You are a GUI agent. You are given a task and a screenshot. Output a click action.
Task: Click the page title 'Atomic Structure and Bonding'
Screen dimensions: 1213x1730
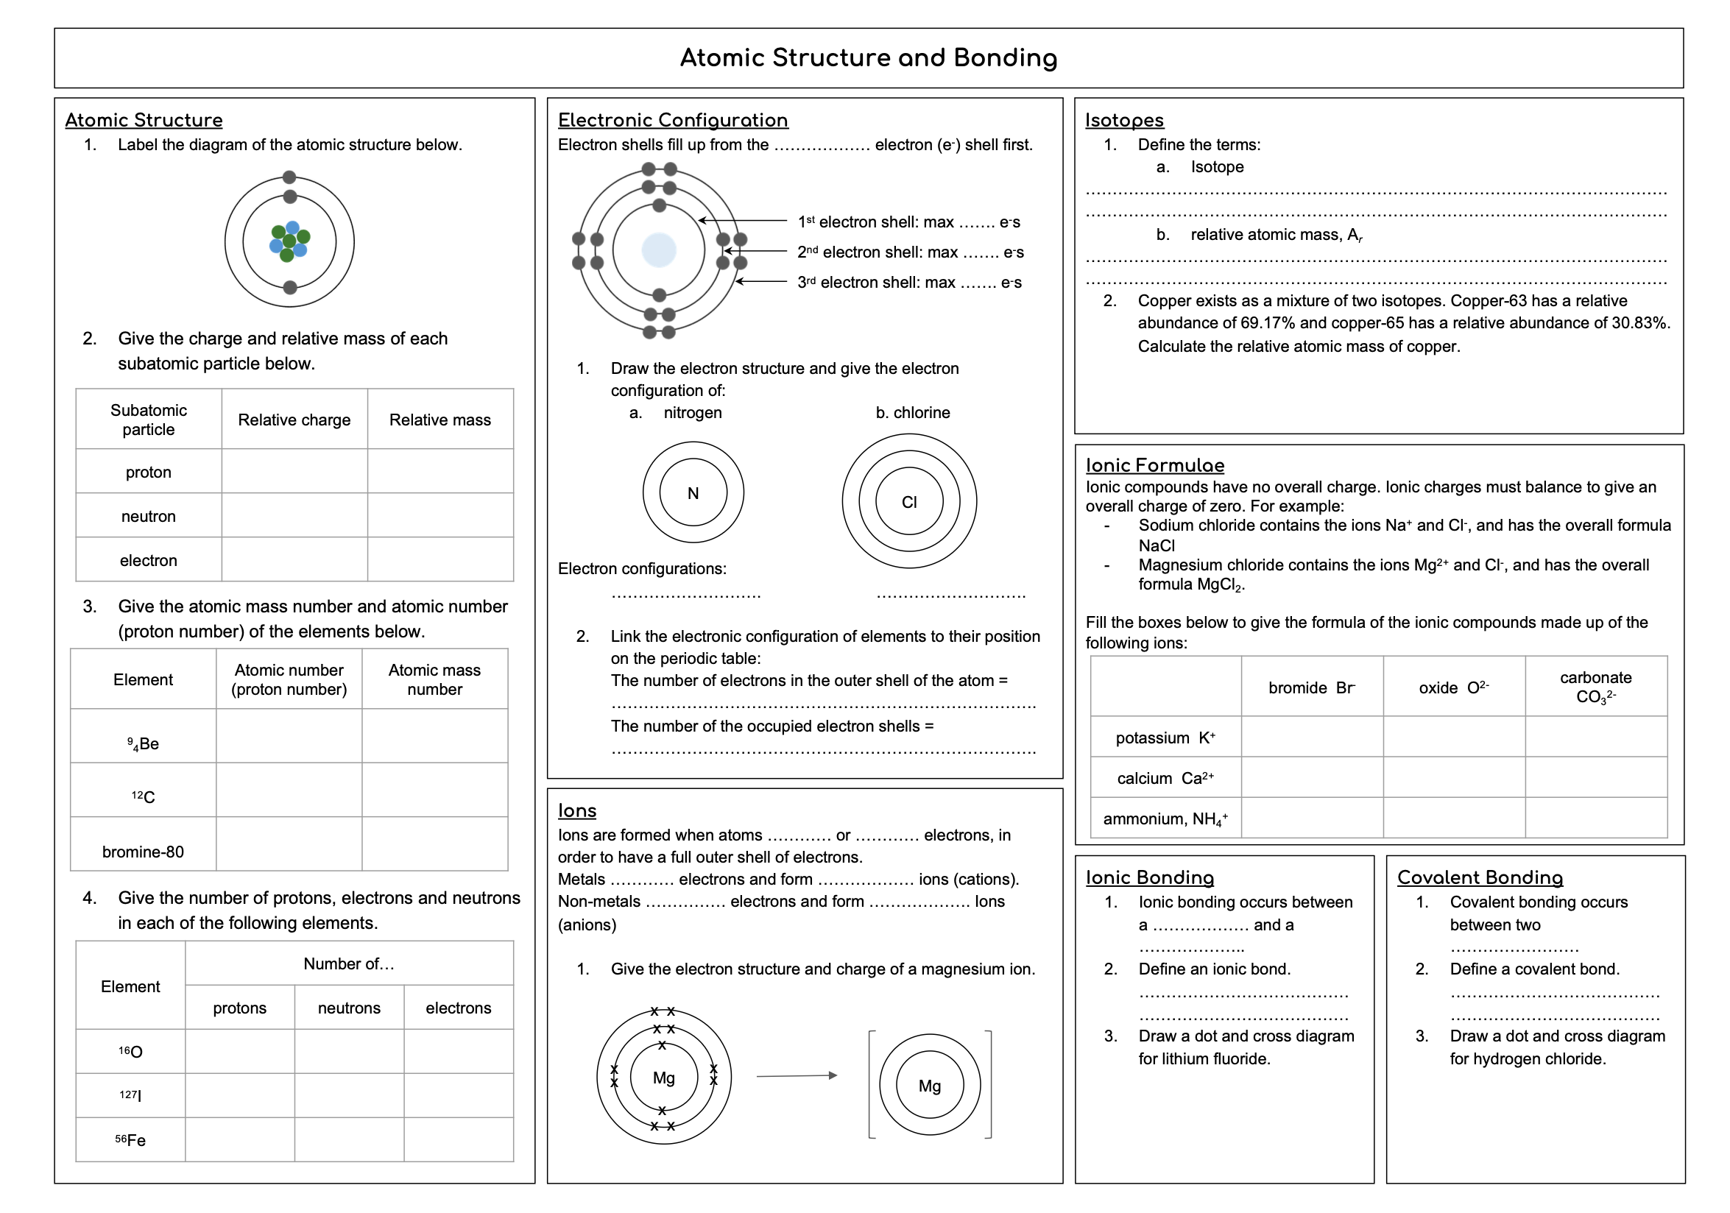pyautogui.click(x=868, y=58)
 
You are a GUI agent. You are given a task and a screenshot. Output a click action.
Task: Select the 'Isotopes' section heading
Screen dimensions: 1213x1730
pyautogui.click(x=1124, y=120)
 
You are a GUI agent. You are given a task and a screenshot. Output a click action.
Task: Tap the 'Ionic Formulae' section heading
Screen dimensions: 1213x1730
pyautogui.click(x=1154, y=465)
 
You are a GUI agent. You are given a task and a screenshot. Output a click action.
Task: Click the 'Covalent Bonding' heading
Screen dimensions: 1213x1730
pyautogui.click(x=1480, y=877)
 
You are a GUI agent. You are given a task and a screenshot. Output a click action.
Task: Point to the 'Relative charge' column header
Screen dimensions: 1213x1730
pyautogui.click(x=294, y=420)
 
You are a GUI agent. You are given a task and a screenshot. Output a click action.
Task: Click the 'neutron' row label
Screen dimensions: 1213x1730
pyautogui.click(x=149, y=516)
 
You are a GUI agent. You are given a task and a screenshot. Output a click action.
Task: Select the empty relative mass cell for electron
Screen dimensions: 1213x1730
pyautogui.click(x=440, y=560)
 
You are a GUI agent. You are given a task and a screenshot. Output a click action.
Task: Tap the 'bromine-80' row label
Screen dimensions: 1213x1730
pyautogui.click(x=143, y=852)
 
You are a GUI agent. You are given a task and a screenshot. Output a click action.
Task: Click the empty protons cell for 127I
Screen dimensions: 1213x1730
pyautogui.click(x=239, y=1094)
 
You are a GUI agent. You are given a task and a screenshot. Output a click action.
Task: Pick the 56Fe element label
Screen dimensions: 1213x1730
pyautogui.click(x=130, y=1140)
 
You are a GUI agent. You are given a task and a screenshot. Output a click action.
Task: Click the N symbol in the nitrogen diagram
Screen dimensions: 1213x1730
pyautogui.click(x=693, y=493)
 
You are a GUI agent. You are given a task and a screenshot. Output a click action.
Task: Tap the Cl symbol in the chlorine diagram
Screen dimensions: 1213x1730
pyautogui.click(x=909, y=502)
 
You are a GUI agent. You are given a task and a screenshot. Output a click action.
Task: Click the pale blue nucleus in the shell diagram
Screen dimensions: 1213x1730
pyautogui.click(x=659, y=250)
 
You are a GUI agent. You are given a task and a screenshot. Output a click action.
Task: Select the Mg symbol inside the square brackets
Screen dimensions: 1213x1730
pyautogui.click(x=930, y=1086)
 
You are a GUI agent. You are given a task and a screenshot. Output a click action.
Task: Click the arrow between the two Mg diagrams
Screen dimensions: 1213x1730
pyautogui.click(x=797, y=1076)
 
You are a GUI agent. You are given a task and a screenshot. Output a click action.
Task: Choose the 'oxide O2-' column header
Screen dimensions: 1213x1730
pyautogui.click(x=1453, y=687)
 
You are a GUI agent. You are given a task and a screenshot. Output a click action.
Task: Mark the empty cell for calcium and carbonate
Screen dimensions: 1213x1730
pyautogui.click(x=1596, y=777)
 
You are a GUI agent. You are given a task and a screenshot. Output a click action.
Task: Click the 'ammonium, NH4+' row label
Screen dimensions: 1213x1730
pyautogui.click(x=1165, y=819)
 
